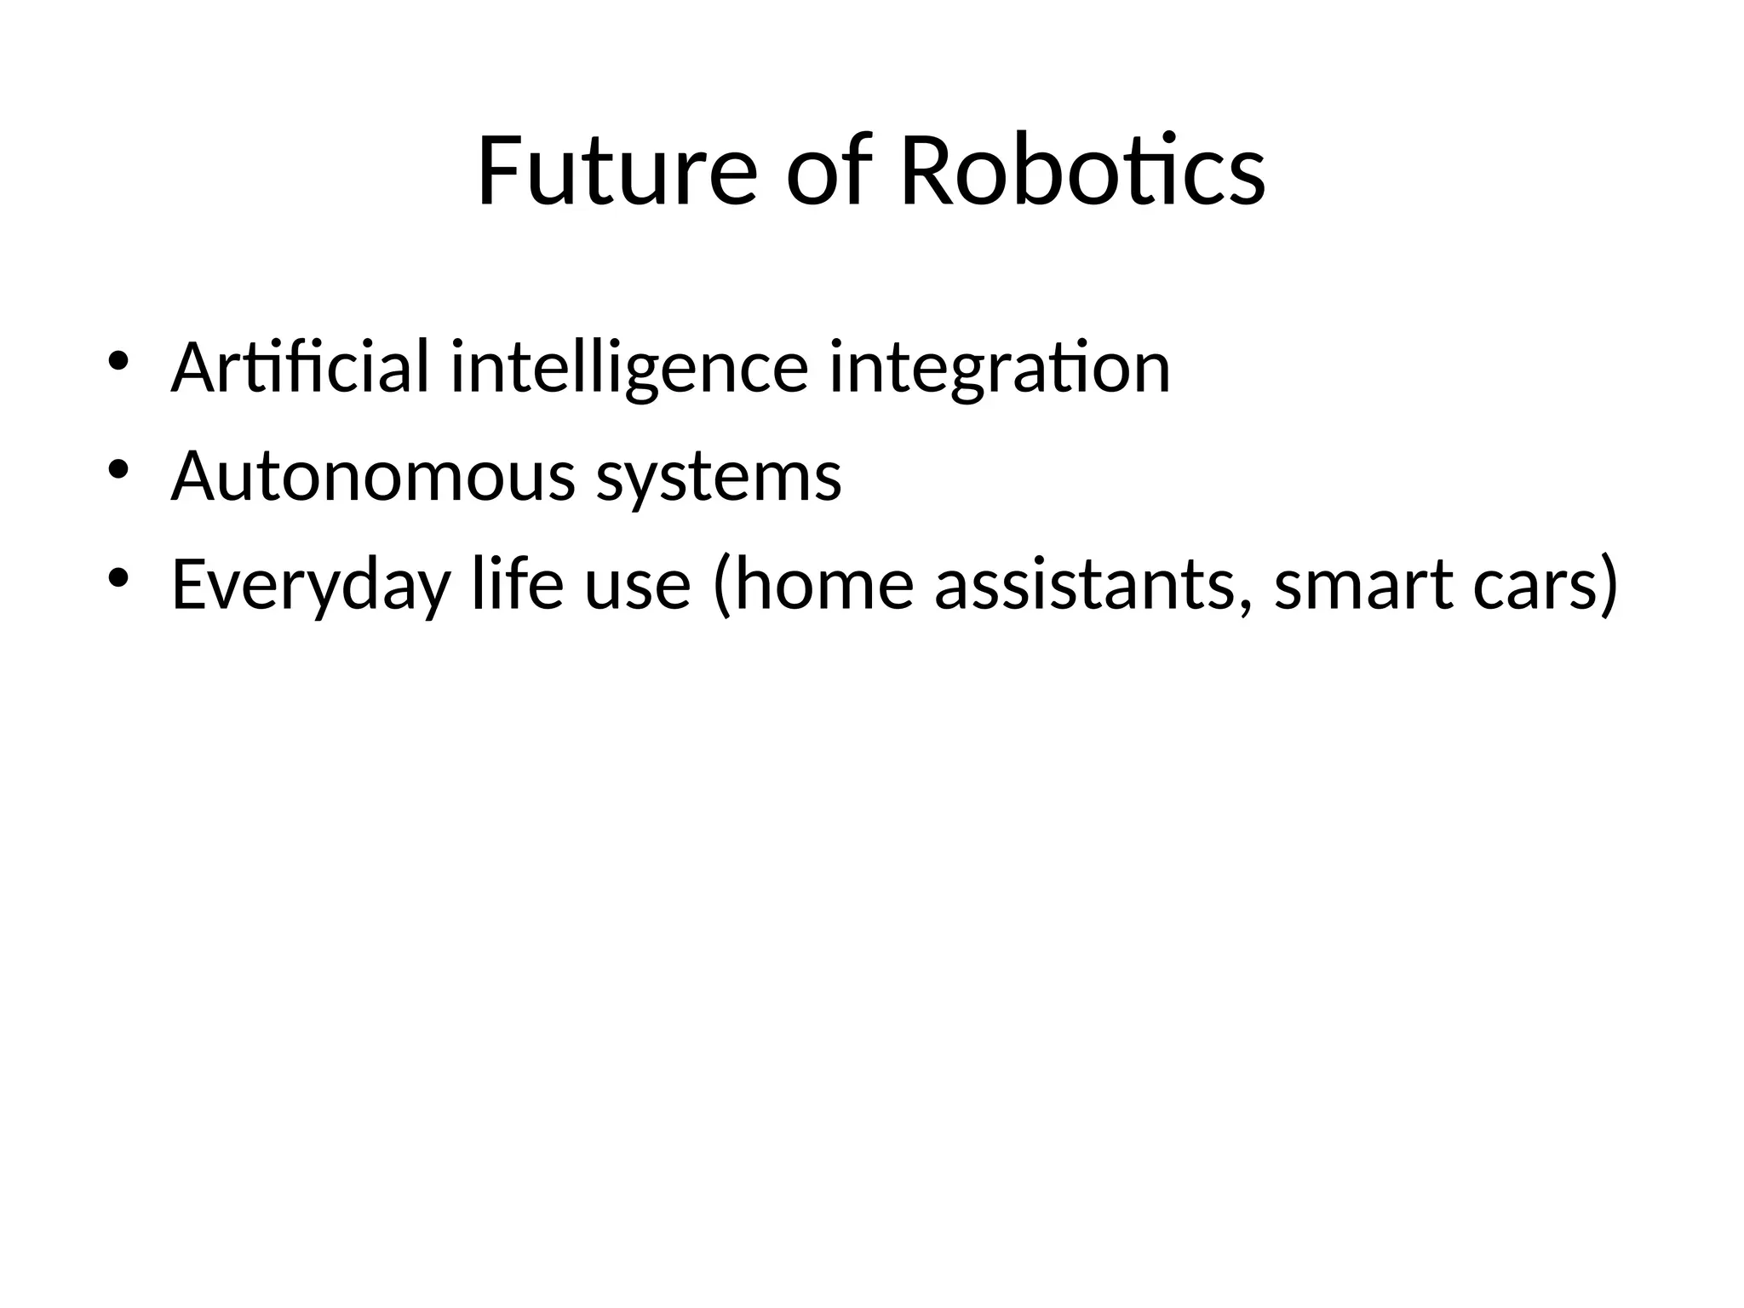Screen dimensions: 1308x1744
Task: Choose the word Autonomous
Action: coord(373,477)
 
